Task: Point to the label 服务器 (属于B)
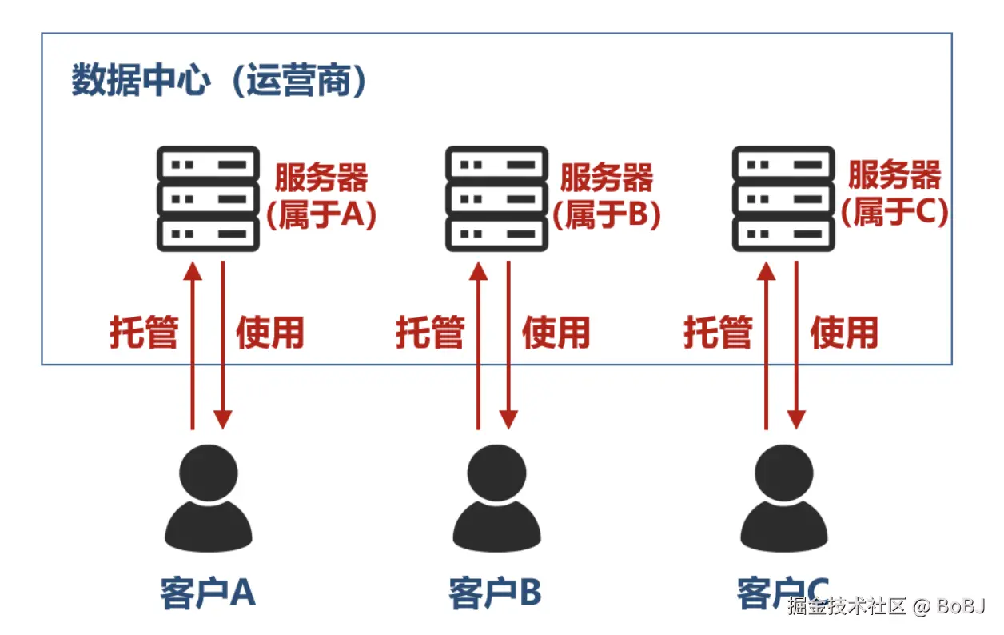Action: (607, 197)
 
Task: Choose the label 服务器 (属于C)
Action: (894, 197)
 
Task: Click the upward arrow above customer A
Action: (192, 344)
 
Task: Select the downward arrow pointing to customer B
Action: (508, 344)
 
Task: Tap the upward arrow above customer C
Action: (766, 344)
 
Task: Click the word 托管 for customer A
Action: (144, 332)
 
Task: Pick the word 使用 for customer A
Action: (270, 332)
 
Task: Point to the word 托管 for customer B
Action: (430, 332)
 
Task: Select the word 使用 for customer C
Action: (844, 332)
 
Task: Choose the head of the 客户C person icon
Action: (784, 472)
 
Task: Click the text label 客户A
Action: (208, 593)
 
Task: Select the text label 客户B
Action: (496, 593)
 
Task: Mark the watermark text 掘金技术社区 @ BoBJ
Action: (886, 606)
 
